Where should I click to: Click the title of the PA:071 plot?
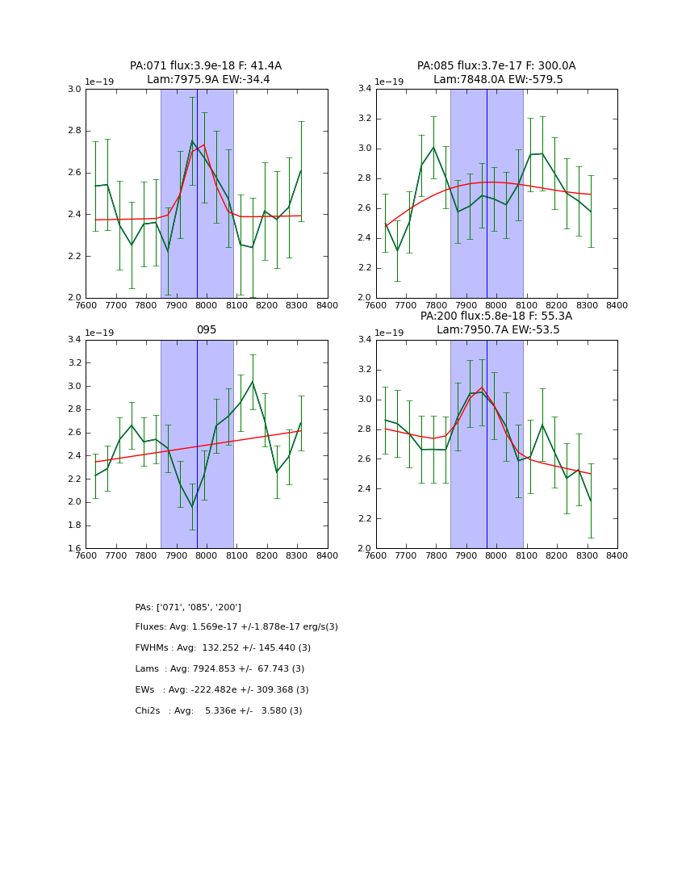[x=206, y=73]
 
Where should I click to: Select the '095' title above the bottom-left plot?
[x=206, y=329]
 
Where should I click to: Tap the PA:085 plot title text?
[x=496, y=73]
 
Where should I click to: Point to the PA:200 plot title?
[x=496, y=323]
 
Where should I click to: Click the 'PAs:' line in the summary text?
[x=188, y=607]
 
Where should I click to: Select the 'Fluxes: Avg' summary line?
[x=236, y=627]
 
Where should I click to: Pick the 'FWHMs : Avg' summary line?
[x=223, y=648]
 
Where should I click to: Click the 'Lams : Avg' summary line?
[x=220, y=669]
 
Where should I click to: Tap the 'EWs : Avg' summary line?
[x=222, y=690]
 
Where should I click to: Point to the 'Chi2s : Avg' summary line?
[x=219, y=711]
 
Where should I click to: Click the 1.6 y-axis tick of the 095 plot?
[x=74, y=548]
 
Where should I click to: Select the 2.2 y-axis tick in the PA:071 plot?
[x=74, y=256]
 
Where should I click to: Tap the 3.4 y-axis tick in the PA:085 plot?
[x=365, y=89]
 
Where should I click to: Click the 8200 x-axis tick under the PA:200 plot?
[x=557, y=555]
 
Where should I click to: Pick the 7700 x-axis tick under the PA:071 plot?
[x=115, y=304]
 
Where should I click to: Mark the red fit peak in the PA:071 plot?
[x=203, y=145]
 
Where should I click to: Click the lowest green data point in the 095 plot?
[x=192, y=507]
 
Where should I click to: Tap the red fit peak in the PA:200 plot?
[x=482, y=387]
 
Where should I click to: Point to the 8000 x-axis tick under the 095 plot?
[x=206, y=555]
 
